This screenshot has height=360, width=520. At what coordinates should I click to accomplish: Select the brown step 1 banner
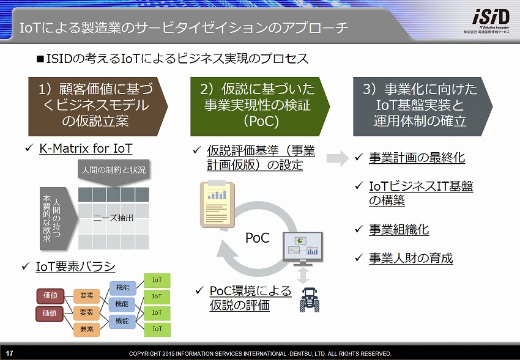pyautogui.click(x=94, y=105)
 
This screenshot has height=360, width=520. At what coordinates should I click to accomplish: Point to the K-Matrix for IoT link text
pyautogui.click(x=86, y=149)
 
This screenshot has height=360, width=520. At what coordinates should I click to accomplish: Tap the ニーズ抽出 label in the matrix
pyautogui.click(x=113, y=218)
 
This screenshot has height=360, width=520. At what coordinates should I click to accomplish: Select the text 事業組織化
pyautogui.click(x=398, y=229)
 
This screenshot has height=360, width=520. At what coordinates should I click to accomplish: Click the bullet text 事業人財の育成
pyautogui.click(x=410, y=258)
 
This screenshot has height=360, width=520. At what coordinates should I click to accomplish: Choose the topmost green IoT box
pyautogui.click(x=157, y=280)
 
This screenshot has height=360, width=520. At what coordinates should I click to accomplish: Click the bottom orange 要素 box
pyautogui.click(x=86, y=329)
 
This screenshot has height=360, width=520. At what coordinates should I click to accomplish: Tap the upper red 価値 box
pyautogui.click(x=50, y=295)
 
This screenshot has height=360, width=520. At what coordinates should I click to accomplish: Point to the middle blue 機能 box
pyautogui.click(x=122, y=304)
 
